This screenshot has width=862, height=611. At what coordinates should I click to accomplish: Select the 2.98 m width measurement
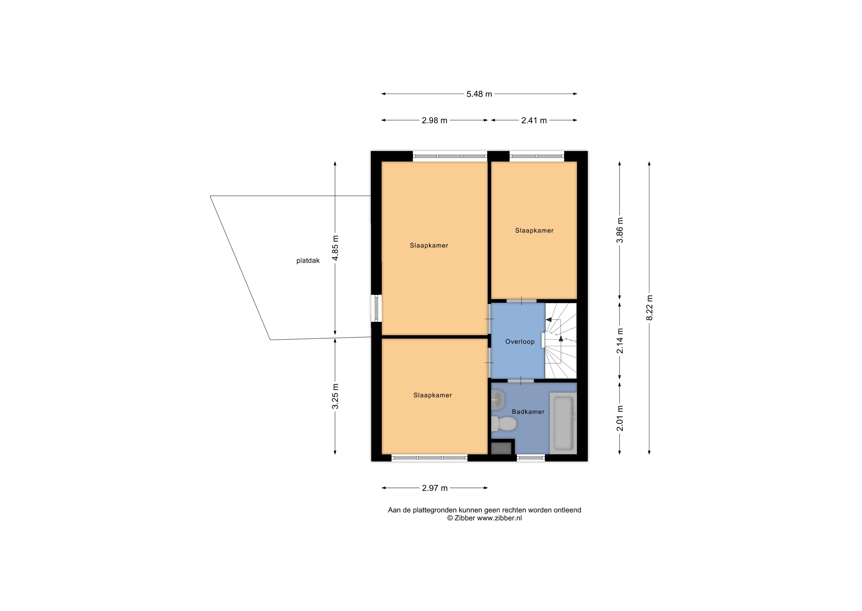point(434,120)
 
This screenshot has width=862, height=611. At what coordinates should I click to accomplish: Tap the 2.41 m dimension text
point(534,120)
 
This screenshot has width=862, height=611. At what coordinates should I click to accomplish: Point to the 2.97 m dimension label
point(435,488)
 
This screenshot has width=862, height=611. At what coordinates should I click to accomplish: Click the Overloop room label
point(520,342)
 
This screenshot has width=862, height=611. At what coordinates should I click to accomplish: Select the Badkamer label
point(528,412)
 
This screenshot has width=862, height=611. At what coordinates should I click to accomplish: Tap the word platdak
point(308,260)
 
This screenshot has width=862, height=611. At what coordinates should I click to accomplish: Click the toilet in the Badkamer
point(504,424)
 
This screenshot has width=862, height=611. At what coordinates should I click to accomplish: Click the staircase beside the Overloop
point(561,340)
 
